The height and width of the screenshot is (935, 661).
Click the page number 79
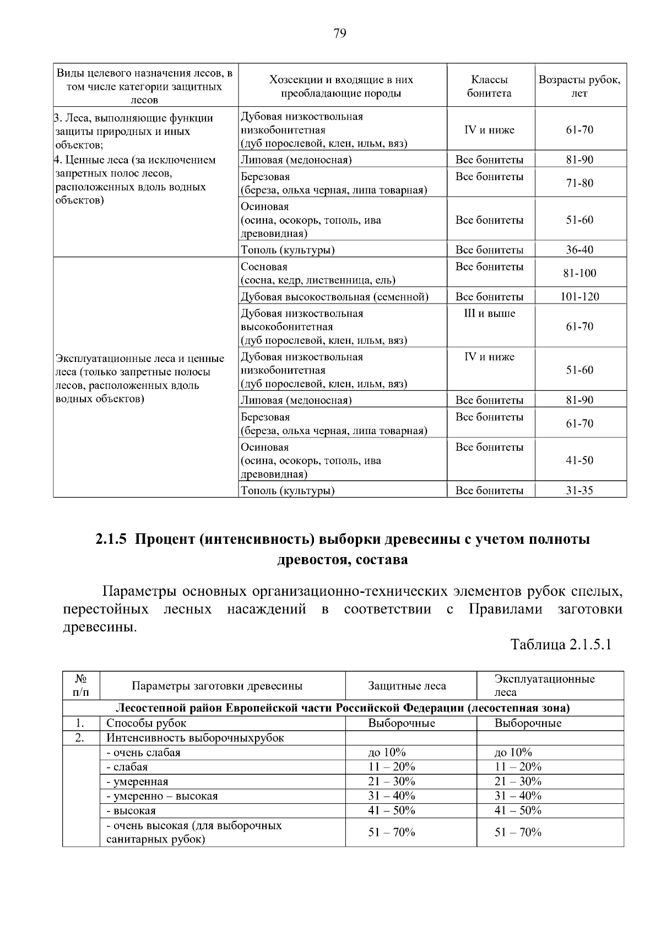pyautogui.click(x=339, y=34)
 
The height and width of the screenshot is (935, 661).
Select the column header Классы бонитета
pyautogui.click(x=489, y=87)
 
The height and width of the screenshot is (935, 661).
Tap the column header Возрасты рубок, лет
pyautogui.click(x=579, y=87)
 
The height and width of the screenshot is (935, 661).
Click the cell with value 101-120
pyautogui.click(x=579, y=297)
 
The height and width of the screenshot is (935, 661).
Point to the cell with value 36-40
pyautogui.click(x=579, y=250)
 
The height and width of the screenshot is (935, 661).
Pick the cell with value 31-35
pyautogui.click(x=579, y=490)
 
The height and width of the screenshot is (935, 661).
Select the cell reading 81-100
pyautogui.click(x=579, y=273)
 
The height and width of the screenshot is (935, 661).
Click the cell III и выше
pyautogui.click(x=489, y=314)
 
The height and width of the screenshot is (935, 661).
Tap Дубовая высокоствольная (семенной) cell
pyautogui.click(x=334, y=297)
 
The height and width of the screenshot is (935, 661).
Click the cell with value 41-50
pyautogui.click(x=579, y=460)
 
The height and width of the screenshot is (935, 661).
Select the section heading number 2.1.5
pyautogui.click(x=111, y=539)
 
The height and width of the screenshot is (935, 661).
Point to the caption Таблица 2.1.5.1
pyautogui.click(x=561, y=645)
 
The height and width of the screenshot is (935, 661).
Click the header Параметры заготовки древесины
pyautogui.click(x=217, y=686)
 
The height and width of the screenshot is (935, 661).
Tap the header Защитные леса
pyautogui.click(x=407, y=686)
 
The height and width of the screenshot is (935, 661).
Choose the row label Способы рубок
pyautogui.click(x=146, y=723)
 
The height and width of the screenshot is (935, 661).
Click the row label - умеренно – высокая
pyautogui.click(x=162, y=796)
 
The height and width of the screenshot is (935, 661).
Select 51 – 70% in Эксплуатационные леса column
pyautogui.click(x=518, y=833)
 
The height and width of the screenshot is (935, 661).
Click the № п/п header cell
pyautogui.click(x=80, y=686)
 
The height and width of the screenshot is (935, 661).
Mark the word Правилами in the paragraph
pyautogui.click(x=505, y=609)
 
